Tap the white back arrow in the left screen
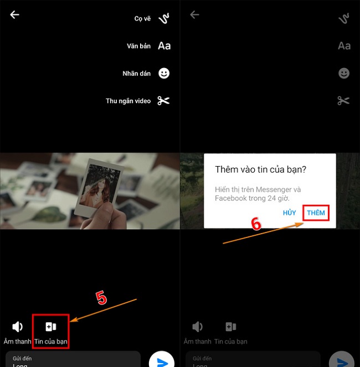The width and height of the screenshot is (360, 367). [x=15, y=15]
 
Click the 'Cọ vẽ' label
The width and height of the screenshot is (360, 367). [x=142, y=19]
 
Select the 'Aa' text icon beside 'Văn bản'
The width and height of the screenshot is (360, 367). [x=164, y=46]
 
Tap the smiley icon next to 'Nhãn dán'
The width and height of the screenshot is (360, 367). [x=164, y=73]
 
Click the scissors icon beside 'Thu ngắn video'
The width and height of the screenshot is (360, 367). [x=163, y=101]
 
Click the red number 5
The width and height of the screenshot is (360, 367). [x=101, y=298]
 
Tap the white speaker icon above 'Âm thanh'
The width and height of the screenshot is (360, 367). [x=18, y=327]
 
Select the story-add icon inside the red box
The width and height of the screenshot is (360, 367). [x=51, y=327]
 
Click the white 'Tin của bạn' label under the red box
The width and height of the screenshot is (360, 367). [x=51, y=342]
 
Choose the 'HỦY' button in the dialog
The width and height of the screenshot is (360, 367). [x=290, y=213]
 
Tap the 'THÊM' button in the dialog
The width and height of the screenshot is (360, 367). [x=316, y=213]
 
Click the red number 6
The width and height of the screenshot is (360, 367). [x=256, y=223]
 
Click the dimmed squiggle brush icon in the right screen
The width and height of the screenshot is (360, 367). [x=343, y=19]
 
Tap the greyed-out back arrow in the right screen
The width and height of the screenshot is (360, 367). [x=194, y=15]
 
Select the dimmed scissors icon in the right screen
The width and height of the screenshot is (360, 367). [x=343, y=101]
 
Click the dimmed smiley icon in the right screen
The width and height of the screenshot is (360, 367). [x=343, y=73]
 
